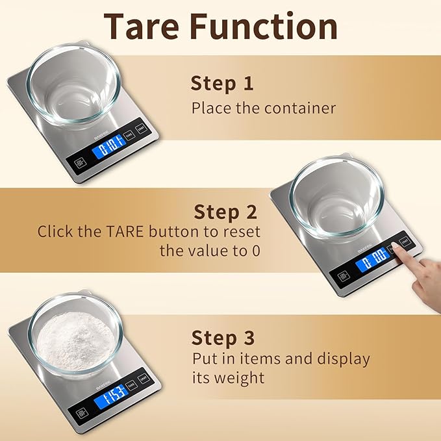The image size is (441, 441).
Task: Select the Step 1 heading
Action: pyautogui.click(x=222, y=83)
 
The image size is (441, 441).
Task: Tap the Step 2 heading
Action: pyautogui.click(x=226, y=212)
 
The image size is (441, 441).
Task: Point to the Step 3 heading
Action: pyautogui.click(x=223, y=338)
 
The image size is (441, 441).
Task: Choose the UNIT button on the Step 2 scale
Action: pyautogui.click(x=405, y=242)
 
